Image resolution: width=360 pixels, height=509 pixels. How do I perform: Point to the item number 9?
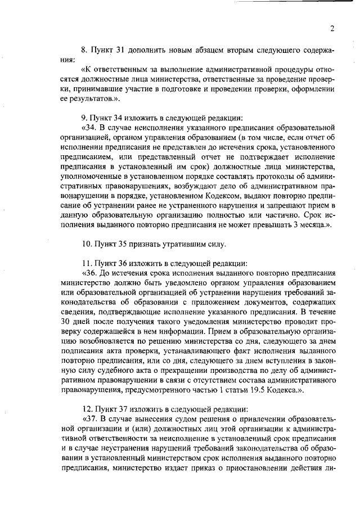tap(84, 118)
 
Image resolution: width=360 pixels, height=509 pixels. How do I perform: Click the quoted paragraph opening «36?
tap(90, 274)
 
